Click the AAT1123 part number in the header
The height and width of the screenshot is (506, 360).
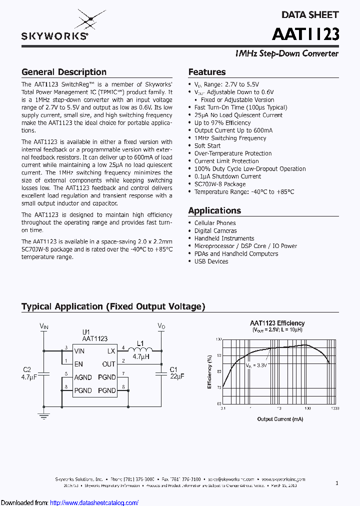click(305, 33)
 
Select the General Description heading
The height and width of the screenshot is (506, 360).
click(64, 72)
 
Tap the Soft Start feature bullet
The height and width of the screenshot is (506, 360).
click(207, 145)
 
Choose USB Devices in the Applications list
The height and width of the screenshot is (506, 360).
click(211, 261)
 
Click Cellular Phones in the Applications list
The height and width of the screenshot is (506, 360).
click(215, 223)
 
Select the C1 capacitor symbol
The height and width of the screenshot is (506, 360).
click(161, 372)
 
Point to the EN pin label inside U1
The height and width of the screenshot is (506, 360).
click(78, 364)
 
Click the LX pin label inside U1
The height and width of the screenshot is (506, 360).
click(111, 351)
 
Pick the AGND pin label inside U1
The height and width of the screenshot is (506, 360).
click(83, 377)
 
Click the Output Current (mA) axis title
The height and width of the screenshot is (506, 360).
click(280, 419)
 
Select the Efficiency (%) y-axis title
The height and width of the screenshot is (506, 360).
click(210, 372)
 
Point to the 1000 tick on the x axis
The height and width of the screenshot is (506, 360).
click(334, 408)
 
